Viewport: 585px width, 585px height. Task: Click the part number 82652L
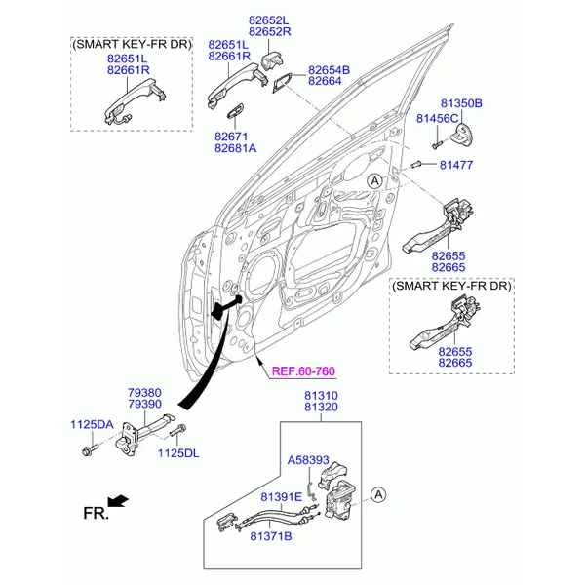click(270, 19)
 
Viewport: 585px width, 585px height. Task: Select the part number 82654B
click(329, 70)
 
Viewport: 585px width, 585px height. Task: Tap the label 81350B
click(461, 103)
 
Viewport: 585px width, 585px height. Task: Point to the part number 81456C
click(437, 118)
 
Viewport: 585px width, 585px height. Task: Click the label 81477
click(455, 165)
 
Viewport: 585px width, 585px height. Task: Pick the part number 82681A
click(235, 148)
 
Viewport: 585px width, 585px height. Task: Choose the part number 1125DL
click(177, 453)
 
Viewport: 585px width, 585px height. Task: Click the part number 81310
click(323, 396)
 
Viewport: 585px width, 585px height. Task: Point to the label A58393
click(307, 458)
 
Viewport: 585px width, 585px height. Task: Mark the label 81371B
click(270, 535)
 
